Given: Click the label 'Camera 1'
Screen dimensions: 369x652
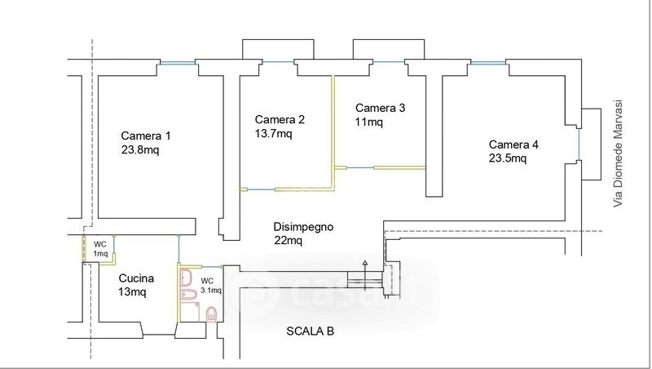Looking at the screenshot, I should (x=146, y=136).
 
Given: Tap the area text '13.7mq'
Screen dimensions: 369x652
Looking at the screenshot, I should (x=273, y=134).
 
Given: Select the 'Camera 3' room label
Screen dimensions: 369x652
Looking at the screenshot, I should (x=380, y=108).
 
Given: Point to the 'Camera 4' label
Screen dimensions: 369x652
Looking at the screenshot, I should (x=513, y=144).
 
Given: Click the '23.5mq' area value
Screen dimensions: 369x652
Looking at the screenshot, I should (x=508, y=158).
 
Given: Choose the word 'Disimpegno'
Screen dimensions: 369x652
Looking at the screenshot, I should (x=303, y=227).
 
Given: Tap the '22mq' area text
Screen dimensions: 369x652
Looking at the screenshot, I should (x=288, y=241).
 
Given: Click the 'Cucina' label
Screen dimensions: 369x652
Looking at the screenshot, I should (x=136, y=278).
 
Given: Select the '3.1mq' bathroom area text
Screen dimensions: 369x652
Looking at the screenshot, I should (x=210, y=290).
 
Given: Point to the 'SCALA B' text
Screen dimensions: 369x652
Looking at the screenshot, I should (x=310, y=331).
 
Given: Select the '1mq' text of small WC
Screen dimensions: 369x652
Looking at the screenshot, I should (x=99, y=254).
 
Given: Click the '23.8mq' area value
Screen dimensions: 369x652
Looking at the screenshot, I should (x=140, y=150).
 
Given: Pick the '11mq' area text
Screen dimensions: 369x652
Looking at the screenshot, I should (x=368, y=122).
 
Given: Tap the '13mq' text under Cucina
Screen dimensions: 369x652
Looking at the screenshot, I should (x=132, y=291).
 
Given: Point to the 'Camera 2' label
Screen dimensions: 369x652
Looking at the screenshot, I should (x=280, y=119).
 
